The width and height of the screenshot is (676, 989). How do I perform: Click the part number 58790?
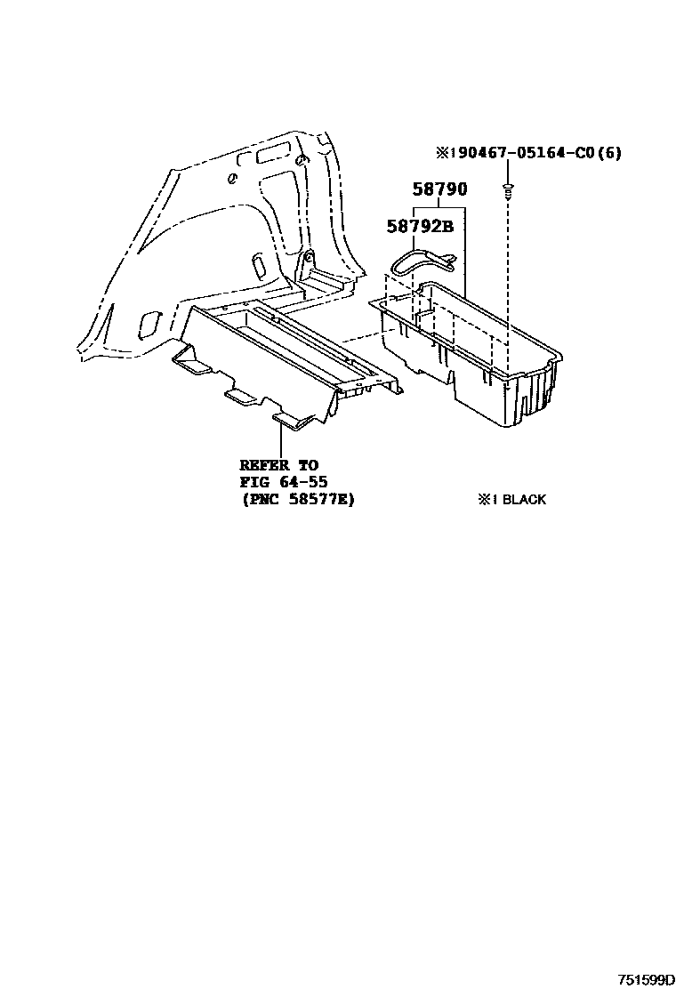click(x=439, y=189)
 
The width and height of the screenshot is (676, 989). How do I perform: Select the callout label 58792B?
click(x=420, y=226)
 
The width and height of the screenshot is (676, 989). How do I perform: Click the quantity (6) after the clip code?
click(x=609, y=153)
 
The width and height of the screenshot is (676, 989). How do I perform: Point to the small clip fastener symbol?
click(x=507, y=189)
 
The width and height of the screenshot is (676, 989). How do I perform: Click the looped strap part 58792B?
click(x=423, y=259)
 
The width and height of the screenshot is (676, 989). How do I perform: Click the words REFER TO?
click(x=277, y=464)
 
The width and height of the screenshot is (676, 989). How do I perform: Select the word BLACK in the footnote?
click(x=524, y=500)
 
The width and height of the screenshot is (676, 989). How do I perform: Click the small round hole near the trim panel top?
click(x=232, y=178)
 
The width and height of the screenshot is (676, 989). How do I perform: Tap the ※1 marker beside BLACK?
click(x=487, y=500)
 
